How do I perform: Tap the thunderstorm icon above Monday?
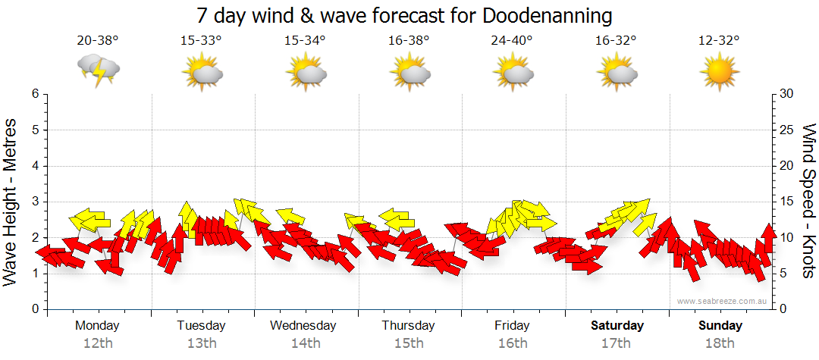[x=98, y=71]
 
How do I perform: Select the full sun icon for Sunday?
[x=719, y=73]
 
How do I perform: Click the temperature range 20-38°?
[x=98, y=41]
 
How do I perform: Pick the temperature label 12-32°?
[x=719, y=41]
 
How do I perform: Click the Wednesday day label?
[x=303, y=326]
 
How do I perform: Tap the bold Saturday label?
[x=617, y=326]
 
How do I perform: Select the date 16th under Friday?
[x=513, y=343]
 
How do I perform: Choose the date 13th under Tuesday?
[x=202, y=343]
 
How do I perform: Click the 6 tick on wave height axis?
[x=34, y=94]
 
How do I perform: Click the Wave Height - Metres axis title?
[x=12, y=202]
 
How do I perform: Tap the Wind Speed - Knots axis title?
[x=808, y=202]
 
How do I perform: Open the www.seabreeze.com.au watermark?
[x=723, y=301]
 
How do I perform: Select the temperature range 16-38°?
[x=409, y=41]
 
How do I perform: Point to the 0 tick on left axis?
[x=34, y=309]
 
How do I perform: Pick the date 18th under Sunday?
[x=720, y=343]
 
